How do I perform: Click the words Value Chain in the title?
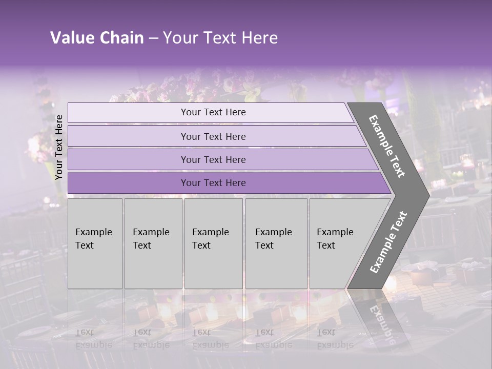pos(97,38)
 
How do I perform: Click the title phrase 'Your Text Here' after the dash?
pos(220,38)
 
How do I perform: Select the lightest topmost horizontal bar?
pos(128,113)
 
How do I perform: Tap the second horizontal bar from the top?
pos(128,136)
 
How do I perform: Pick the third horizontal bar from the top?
pos(128,159)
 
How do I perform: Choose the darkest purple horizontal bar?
pos(128,183)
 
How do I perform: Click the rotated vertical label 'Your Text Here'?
pos(59,147)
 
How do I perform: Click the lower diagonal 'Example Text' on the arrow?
pos(388,242)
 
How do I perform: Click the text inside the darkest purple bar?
pos(213,183)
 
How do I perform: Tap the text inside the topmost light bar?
pos(213,112)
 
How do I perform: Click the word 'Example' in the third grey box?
pos(210,232)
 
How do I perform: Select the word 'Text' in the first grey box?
pos(85,245)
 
